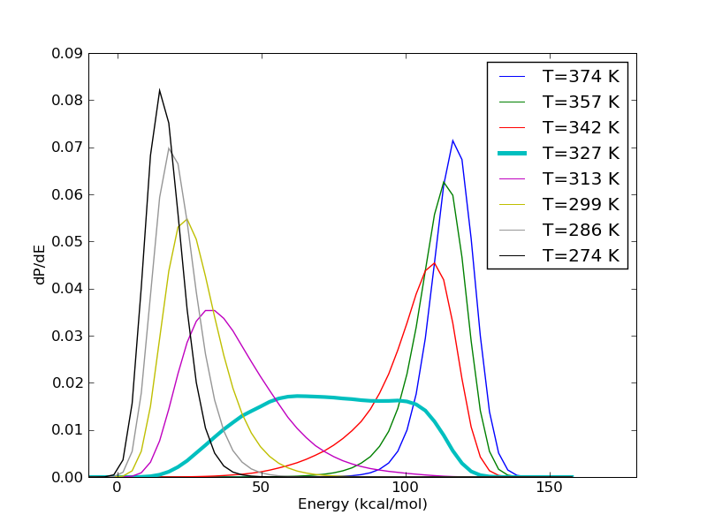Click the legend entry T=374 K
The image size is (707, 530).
(x=581, y=76)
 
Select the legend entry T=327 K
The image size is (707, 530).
(x=581, y=153)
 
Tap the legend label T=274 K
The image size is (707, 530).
(x=581, y=255)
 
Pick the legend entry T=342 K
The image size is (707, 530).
(x=581, y=127)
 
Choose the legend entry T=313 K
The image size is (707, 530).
(x=581, y=178)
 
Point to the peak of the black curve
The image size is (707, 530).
(x=159, y=89)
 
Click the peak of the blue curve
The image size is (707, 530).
(x=452, y=140)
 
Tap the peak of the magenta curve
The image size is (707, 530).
(x=209, y=309)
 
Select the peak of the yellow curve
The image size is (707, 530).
(x=186, y=218)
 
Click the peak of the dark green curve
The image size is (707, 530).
(x=444, y=182)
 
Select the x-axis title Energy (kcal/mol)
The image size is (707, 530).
(x=362, y=504)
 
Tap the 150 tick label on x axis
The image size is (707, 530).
(x=550, y=488)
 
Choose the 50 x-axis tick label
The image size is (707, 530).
(x=261, y=488)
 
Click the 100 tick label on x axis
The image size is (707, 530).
(x=406, y=488)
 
